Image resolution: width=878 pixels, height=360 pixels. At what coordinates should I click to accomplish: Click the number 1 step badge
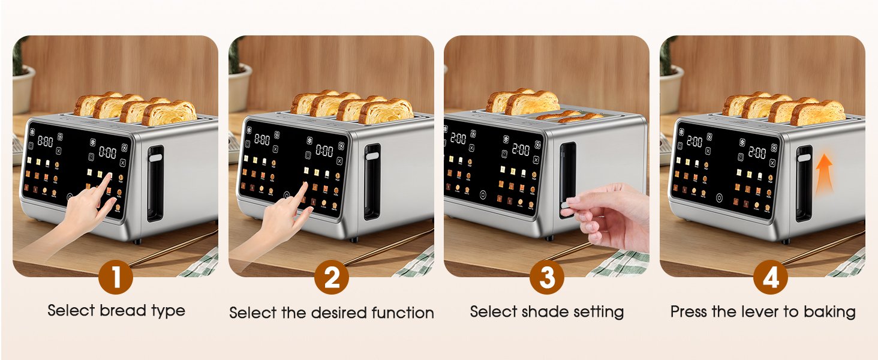pos(115,277)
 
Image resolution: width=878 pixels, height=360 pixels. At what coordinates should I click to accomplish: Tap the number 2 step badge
pos(331,277)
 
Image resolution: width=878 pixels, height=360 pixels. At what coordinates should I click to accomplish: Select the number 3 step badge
pos(546,277)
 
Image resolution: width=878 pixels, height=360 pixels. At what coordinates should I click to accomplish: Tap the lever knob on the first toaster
pos(155,158)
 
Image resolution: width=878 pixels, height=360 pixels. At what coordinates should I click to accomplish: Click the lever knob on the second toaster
pos(372,155)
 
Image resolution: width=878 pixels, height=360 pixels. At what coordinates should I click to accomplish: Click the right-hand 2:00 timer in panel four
pos(757,153)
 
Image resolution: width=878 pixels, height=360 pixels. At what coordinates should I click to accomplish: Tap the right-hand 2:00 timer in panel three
pos(521,150)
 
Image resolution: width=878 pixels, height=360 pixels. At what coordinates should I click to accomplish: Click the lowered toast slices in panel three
pos(570,116)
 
